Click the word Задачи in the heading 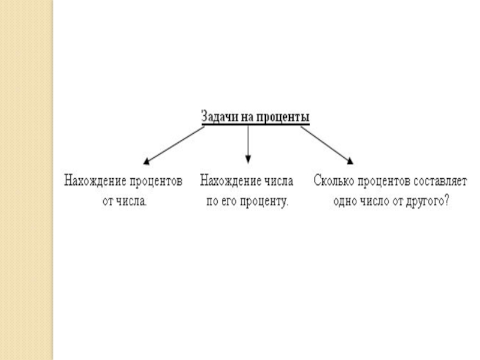coord(220,116)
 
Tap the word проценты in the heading coord(283,116)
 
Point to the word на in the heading coord(248,116)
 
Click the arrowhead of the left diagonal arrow coord(146,161)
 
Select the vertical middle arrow coord(248,143)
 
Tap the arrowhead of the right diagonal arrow coord(350,161)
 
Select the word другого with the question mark coord(427,202)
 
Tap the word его coord(230,202)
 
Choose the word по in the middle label coord(212,202)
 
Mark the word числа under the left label coord(130,202)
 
